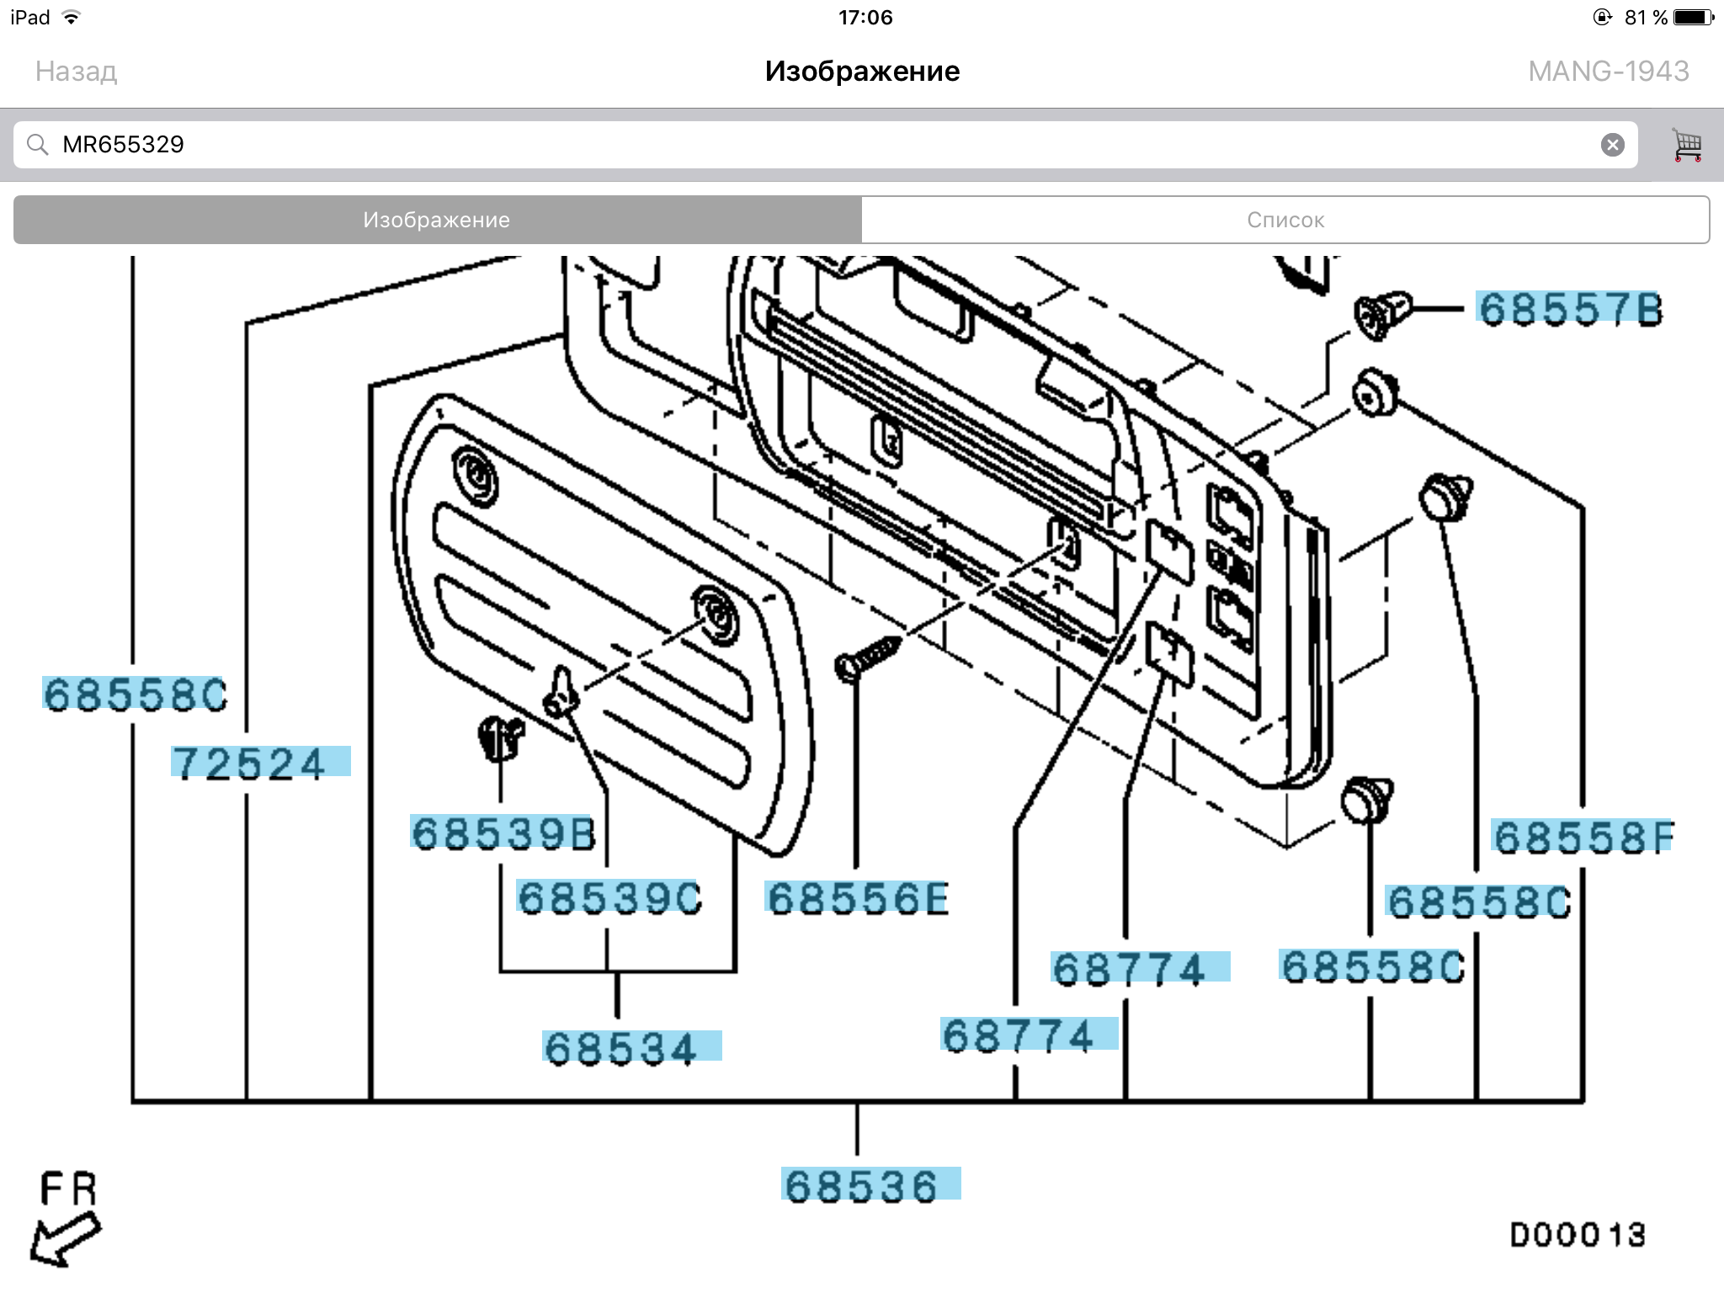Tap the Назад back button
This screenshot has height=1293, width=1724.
click(x=76, y=72)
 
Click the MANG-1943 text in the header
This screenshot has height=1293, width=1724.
click(x=1608, y=72)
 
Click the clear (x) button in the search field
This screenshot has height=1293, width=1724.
click(x=1612, y=145)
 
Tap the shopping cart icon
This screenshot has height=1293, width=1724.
click(x=1686, y=145)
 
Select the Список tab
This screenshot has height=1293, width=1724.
click(x=1285, y=220)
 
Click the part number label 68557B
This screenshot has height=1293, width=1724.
click(x=1570, y=309)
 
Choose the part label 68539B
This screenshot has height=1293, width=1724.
click(x=503, y=833)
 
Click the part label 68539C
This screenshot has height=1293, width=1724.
click(x=609, y=897)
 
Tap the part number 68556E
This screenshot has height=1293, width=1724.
click(x=857, y=898)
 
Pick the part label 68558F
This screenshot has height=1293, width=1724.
click(x=1583, y=837)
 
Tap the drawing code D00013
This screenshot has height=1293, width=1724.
click(x=1577, y=1235)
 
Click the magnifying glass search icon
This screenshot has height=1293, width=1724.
click(x=37, y=145)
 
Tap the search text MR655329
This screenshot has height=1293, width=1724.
click(x=123, y=145)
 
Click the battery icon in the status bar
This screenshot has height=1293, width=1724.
click(x=1693, y=18)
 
